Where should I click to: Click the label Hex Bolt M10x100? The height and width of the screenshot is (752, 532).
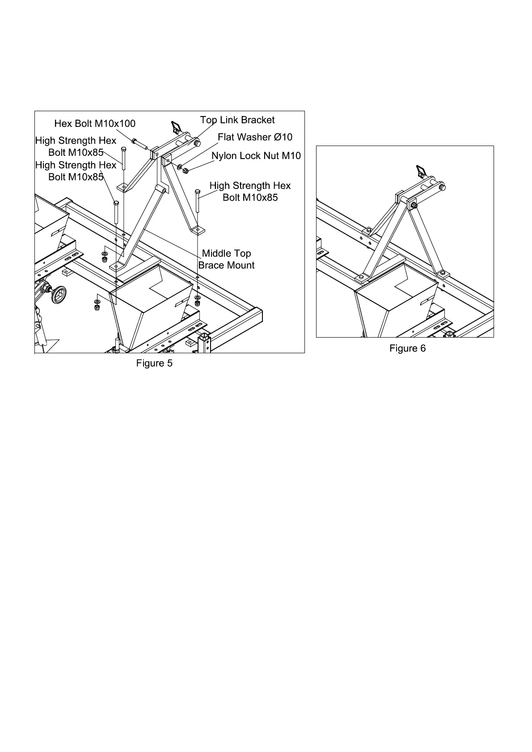94,123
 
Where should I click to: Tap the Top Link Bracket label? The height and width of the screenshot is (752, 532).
237,120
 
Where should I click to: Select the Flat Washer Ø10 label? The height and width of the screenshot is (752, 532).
255,137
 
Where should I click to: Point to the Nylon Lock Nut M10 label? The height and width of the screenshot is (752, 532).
256,156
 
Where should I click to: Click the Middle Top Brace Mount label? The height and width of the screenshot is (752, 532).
226,259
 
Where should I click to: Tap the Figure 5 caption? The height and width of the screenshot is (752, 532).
154,363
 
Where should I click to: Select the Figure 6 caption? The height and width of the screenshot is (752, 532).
407,348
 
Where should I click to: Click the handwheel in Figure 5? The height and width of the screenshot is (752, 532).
58,294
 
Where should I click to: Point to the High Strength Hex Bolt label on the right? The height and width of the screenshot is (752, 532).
250,191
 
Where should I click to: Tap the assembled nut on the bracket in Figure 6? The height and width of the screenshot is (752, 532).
414,205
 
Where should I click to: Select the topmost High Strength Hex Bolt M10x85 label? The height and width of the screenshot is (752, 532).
76,146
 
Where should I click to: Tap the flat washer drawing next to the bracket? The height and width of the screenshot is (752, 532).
180,167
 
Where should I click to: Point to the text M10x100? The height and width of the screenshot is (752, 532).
114,123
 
